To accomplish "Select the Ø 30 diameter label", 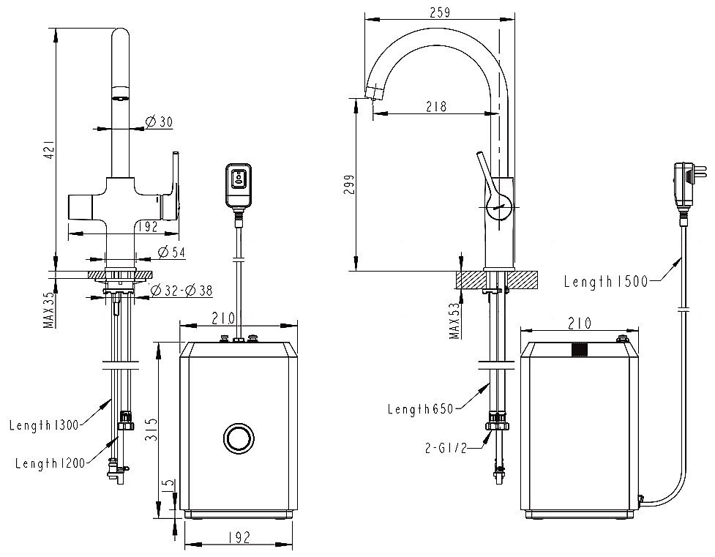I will coord(158,122).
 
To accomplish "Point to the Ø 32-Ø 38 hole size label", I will coord(181,291).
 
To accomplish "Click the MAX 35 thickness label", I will coord(48,310).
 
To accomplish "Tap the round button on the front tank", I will coord(237,438).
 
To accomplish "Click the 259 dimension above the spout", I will coord(438,12).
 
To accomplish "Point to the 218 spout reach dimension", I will coord(436,106).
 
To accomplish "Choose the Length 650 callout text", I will coord(421,409).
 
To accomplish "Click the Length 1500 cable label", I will coord(606,281).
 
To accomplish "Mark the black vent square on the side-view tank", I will coord(580,349).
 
